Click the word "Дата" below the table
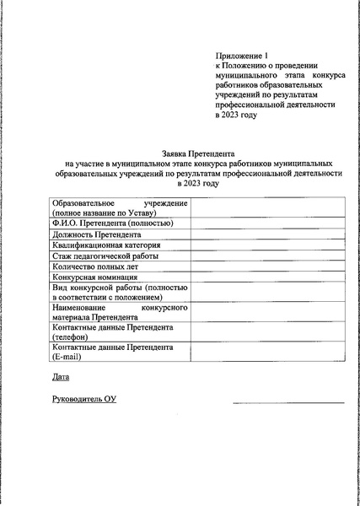(59, 376)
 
